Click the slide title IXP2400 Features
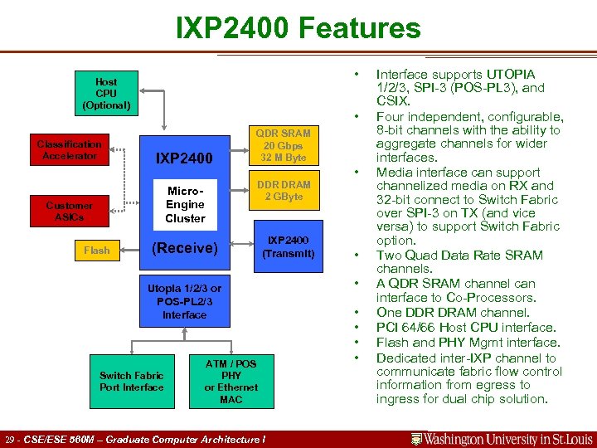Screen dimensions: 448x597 click(298, 28)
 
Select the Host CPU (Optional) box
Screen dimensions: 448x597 click(106, 94)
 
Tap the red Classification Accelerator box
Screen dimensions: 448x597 click(69, 150)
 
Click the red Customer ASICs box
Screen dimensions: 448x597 click(69, 211)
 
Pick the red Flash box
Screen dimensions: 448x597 click(96, 250)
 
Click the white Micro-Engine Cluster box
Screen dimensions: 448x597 click(185, 204)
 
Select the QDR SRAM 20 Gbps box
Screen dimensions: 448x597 click(283, 145)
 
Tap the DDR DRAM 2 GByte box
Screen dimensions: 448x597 click(284, 191)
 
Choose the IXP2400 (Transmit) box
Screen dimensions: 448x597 click(288, 246)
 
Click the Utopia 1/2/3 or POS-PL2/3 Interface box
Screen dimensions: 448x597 click(185, 301)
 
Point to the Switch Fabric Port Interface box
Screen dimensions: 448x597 click(132, 381)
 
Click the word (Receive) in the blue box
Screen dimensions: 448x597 click(184, 248)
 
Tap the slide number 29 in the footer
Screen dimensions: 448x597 click(10, 439)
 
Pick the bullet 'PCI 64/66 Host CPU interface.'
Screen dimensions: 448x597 click(464, 328)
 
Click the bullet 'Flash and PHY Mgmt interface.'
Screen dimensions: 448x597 click(468, 343)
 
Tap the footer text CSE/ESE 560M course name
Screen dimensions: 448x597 click(145, 439)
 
